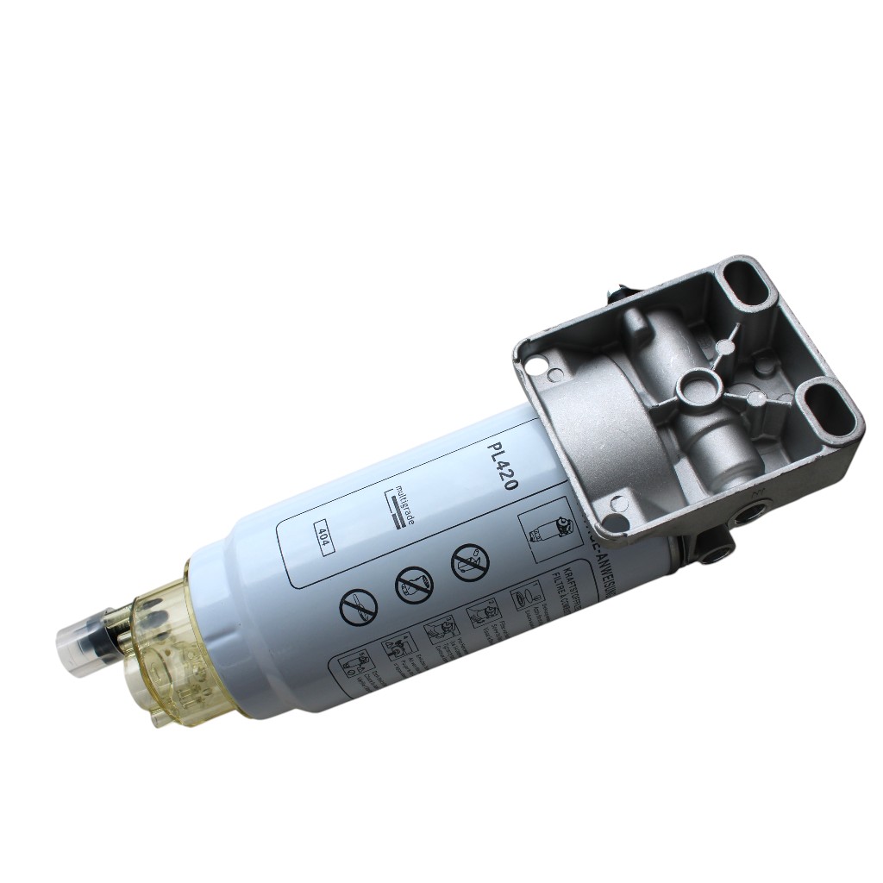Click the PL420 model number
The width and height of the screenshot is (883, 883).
pyautogui.click(x=502, y=467)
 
